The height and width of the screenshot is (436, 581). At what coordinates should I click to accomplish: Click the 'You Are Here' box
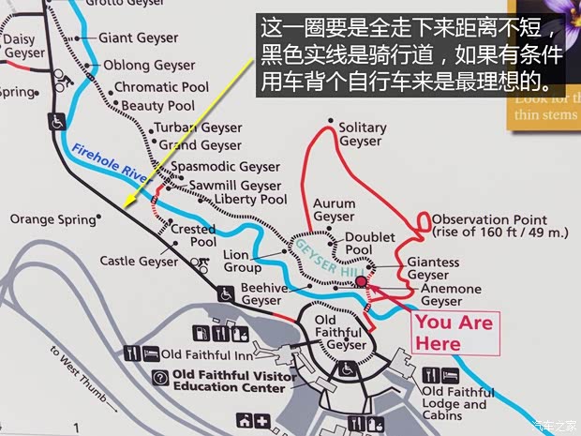click(451, 332)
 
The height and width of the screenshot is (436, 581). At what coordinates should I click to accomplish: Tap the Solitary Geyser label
click(362, 134)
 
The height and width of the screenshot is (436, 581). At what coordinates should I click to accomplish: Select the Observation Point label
click(499, 226)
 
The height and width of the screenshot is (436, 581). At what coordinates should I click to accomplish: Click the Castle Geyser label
click(139, 261)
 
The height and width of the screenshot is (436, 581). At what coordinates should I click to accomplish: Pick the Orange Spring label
click(52, 219)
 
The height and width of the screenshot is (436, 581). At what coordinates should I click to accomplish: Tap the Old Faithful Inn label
click(205, 354)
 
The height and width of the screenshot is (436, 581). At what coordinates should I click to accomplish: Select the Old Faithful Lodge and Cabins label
click(454, 404)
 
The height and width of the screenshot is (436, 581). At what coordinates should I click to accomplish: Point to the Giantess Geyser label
click(434, 268)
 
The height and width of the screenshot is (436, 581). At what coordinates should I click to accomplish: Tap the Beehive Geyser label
click(263, 293)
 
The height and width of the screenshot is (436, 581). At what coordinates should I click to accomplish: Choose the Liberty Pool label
click(250, 200)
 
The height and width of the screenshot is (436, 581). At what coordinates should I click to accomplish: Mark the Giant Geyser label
click(139, 38)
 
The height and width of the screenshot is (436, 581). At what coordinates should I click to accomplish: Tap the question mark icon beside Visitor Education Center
click(160, 377)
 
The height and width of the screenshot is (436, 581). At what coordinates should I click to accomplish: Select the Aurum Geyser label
click(335, 209)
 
